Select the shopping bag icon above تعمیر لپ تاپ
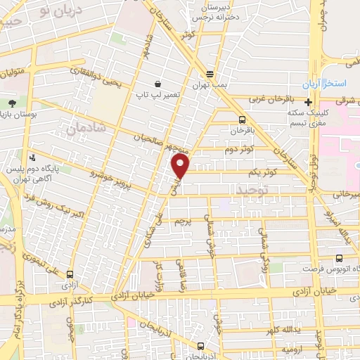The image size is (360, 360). point(163,83)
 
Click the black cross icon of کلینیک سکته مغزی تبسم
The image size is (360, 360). point(309,102)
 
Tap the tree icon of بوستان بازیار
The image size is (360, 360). point(12,101)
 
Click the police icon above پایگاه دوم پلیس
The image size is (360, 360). point(32,157)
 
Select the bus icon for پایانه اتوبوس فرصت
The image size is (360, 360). point(340,257)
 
